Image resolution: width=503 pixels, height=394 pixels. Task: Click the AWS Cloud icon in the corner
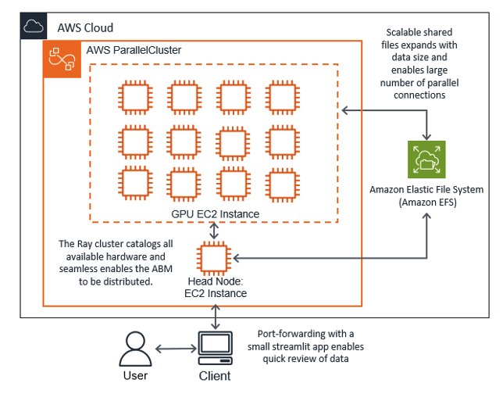point(33,28)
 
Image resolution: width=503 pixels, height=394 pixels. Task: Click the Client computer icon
point(213,348)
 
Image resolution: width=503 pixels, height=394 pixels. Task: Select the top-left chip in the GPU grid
point(134,97)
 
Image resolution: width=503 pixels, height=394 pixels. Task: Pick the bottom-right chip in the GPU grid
point(281,186)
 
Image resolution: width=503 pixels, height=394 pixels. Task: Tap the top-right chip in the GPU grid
point(281,97)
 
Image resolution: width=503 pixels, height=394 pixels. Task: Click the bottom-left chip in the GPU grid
point(134,186)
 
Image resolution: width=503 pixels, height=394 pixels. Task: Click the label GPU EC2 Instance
point(214,213)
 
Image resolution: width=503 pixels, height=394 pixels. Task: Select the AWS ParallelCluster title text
point(136,50)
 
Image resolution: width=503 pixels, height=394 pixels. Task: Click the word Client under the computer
point(214,376)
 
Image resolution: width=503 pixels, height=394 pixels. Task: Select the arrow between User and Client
point(173,349)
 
